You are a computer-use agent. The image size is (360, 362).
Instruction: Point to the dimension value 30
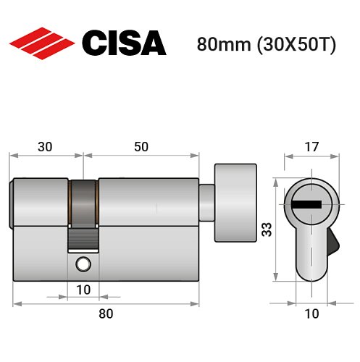point(45,146)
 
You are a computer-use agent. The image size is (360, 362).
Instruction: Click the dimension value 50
point(141,146)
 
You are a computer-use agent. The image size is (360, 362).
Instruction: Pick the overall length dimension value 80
point(106,313)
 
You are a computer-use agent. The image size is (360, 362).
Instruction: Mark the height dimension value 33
point(267,230)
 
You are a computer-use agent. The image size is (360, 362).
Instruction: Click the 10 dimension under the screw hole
point(83,290)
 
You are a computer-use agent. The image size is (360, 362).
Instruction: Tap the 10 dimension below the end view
point(311,313)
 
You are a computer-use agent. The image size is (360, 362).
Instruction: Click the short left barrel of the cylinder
point(41,203)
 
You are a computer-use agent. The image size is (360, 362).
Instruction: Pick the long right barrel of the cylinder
point(148,203)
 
